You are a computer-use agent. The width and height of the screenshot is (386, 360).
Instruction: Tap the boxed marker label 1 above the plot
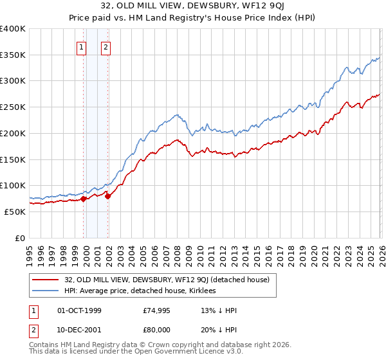pos(82,46)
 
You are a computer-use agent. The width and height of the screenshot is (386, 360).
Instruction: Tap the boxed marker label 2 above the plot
pos(106,46)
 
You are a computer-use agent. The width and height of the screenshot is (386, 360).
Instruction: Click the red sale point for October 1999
pos(84,199)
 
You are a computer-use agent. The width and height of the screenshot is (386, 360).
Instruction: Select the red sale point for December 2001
pos(107,196)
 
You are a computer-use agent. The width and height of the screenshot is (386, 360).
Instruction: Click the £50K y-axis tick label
pos(15,212)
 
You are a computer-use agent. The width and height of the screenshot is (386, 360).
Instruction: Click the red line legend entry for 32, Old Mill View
pos(170,280)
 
